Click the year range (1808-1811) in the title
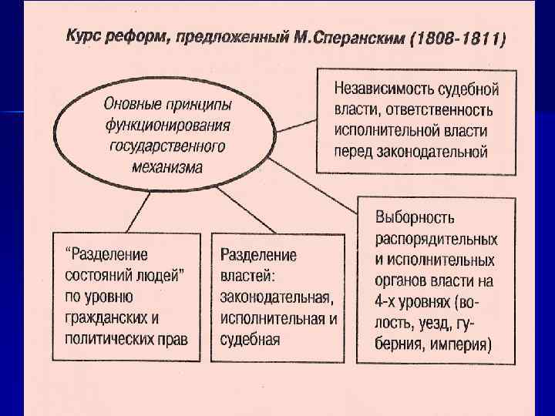click(459, 39)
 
